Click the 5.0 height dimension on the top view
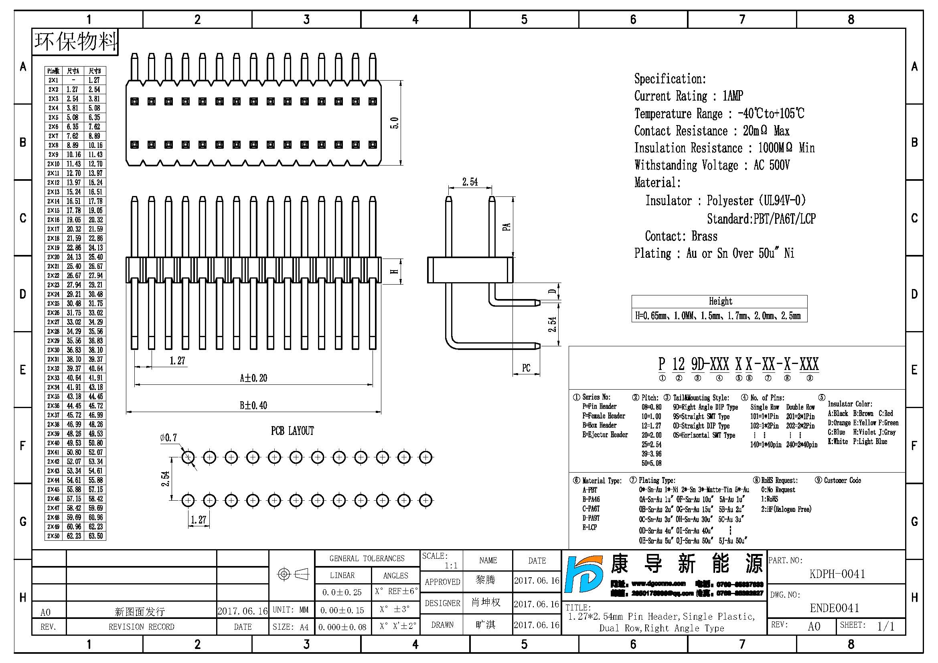[394, 123]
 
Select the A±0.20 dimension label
[253, 378]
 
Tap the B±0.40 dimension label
[253, 405]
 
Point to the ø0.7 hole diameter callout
[168, 438]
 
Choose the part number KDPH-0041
[837, 574]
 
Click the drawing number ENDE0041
[834, 608]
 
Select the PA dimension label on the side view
[506, 227]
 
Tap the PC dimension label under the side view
[526, 368]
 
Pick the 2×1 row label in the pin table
[53, 81]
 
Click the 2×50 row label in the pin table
[53, 536]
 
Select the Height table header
[720, 301]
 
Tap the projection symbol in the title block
[293, 574]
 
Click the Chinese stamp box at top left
[75, 42]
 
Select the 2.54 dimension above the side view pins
[470, 182]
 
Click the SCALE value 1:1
[451, 566]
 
